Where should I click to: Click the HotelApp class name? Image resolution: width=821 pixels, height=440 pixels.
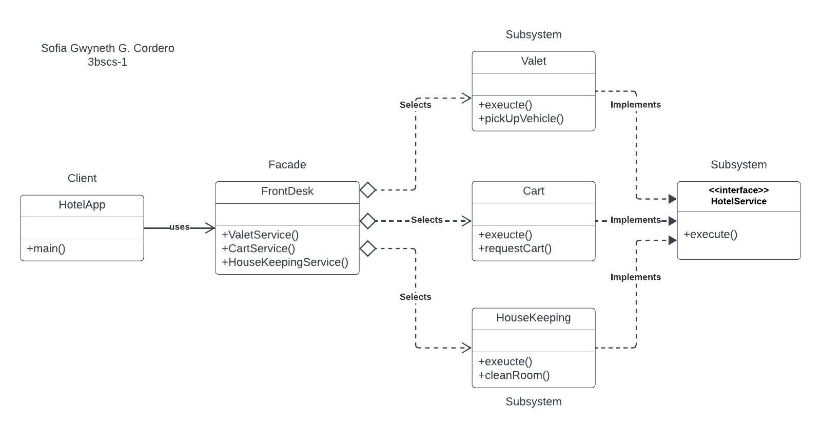(x=82, y=205)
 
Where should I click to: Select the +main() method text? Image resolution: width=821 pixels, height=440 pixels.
(x=46, y=248)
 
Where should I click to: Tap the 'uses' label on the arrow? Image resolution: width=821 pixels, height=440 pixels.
(x=179, y=227)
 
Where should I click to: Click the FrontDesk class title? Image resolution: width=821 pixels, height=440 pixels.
(x=287, y=191)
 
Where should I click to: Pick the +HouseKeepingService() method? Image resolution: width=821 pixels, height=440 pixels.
(x=285, y=262)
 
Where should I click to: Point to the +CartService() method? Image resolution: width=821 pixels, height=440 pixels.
(x=259, y=248)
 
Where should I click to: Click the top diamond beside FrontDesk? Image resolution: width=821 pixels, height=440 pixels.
(x=368, y=190)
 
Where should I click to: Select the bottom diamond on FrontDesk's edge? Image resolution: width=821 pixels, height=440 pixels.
(x=368, y=248)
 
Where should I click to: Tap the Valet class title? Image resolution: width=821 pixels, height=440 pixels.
(x=533, y=61)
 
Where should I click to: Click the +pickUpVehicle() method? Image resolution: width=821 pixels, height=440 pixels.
(x=521, y=119)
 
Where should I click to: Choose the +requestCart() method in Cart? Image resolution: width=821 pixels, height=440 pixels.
(x=515, y=248)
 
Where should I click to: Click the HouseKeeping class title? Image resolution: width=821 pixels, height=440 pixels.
(x=533, y=318)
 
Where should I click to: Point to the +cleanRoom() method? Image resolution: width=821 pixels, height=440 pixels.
(x=514, y=375)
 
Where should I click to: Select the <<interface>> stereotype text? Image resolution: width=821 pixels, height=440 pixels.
(x=738, y=190)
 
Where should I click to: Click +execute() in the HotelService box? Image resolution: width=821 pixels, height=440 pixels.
(x=710, y=235)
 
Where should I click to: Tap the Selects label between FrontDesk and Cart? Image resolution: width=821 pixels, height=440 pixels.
(x=426, y=220)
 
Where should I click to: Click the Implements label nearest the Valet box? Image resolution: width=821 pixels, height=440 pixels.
(x=635, y=105)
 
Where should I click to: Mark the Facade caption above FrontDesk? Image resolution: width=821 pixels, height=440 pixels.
(x=287, y=165)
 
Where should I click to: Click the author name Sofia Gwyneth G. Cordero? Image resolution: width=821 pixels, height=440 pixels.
(x=108, y=48)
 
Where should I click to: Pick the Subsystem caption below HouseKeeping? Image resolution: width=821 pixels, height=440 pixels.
(x=533, y=401)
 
